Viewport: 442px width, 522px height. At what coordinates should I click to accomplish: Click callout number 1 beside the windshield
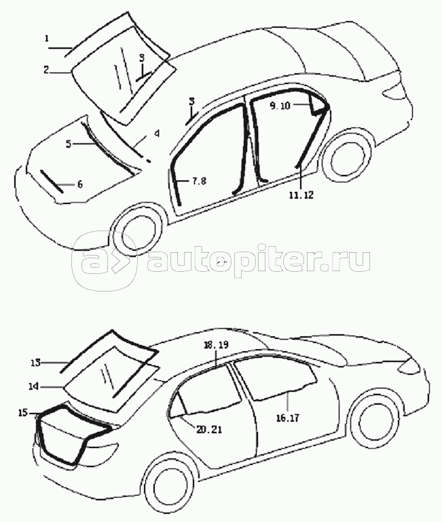[x=47, y=39]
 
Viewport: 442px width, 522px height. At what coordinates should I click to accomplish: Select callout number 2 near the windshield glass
[x=47, y=69]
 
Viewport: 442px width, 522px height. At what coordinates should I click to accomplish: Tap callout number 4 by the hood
[x=156, y=134]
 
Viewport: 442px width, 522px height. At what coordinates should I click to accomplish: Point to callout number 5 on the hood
[x=68, y=143]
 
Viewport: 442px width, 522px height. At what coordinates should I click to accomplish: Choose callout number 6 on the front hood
[x=79, y=184]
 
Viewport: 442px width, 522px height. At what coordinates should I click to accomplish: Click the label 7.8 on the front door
[x=198, y=180]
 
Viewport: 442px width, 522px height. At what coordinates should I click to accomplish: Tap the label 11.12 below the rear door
[x=299, y=195]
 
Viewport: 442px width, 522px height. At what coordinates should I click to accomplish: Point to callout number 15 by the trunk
[x=23, y=412]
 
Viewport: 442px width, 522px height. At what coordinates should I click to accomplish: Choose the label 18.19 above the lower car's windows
[x=216, y=345]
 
